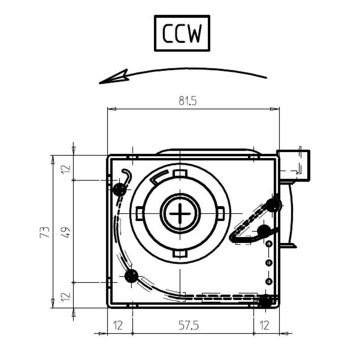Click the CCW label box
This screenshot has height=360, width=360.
[182, 33]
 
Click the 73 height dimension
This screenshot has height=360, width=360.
[45, 232]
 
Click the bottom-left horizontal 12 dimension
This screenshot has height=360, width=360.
[118, 325]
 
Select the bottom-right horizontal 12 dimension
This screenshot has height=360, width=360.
[265, 325]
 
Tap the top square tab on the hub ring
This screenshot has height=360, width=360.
[180, 174]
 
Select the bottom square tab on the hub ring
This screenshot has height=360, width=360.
[180, 254]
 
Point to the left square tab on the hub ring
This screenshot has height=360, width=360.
[139, 212]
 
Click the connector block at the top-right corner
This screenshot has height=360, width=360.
[294, 165]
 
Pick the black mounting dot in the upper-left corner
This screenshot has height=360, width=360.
[120, 189]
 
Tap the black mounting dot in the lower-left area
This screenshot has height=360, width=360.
[131, 275]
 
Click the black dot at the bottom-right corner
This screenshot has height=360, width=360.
[265, 301]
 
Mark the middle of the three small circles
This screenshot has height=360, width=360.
[269, 262]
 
